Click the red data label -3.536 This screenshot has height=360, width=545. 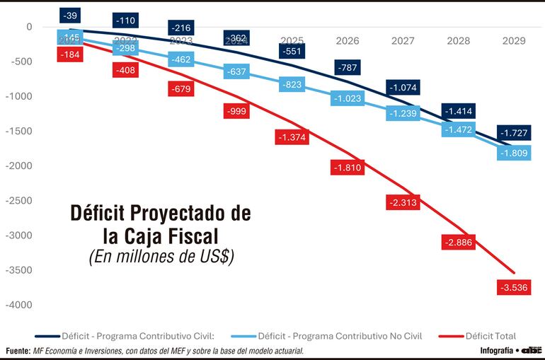point(515,288)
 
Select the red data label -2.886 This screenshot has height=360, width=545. point(459,242)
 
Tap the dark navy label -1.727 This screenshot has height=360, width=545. point(515,133)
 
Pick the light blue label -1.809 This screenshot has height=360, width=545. point(515,152)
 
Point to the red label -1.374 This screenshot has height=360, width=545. point(292,137)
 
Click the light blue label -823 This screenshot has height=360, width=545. point(292,85)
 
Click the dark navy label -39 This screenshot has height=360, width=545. point(70,15)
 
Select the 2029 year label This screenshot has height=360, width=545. point(514,41)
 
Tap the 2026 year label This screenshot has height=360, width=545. point(348,41)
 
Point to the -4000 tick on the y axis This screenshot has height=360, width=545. point(19,305)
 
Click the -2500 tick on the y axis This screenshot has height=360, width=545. point(19,201)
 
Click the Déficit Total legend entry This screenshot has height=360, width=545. point(490,336)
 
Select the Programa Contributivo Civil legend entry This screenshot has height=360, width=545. point(137,336)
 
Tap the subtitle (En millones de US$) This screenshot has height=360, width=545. point(161,257)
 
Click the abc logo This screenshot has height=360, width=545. point(532,350)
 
